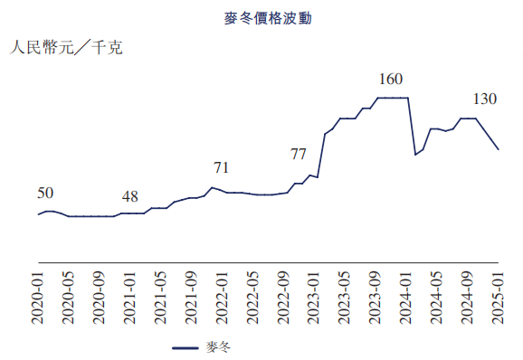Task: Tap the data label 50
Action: [x=45, y=193]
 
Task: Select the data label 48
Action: [x=130, y=196]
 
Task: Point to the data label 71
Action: [x=221, y=167]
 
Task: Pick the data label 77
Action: [x=298, y=154]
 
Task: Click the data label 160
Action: [x=390, y=79]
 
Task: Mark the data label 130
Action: [x=484, y=99]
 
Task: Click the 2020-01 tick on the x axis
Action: [x=38, y=297]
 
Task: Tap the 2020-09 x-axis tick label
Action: [x=100, y=297]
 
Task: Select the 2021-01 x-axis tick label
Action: [x=130, y=297]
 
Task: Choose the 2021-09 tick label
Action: [x=191, y=297]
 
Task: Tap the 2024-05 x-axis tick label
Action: [x=436, y=297]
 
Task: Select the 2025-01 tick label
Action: [x=498, y=297]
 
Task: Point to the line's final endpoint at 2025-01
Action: [x=498, y=149]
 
